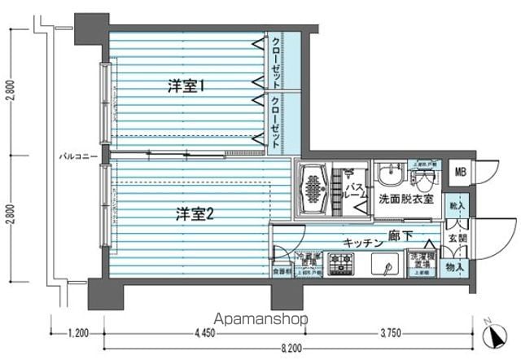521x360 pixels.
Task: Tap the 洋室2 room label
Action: click(196, 214)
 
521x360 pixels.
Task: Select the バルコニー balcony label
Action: click(78, 155)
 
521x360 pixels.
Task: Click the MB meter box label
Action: click(461, 172)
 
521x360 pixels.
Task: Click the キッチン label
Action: click(363, 242)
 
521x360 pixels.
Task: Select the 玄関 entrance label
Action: click(458, 238)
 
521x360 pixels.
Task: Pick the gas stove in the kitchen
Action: click(342, 264)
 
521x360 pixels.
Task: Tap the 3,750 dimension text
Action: click(390, 331)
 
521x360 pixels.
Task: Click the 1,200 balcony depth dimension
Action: click(78, 331)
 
